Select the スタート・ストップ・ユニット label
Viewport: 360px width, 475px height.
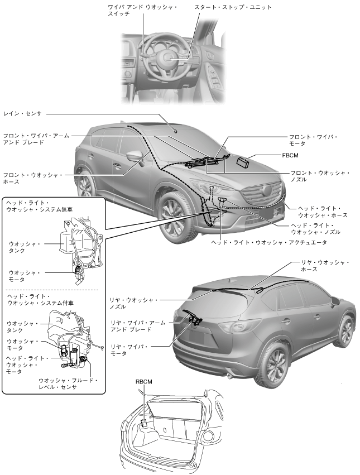(233, 8)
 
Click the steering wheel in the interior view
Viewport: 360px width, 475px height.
(169, 57)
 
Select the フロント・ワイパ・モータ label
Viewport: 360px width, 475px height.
(313, 140)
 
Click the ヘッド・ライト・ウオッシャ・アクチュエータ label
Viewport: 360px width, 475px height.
(269, 243)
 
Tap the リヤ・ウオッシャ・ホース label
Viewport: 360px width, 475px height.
(325, 265)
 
